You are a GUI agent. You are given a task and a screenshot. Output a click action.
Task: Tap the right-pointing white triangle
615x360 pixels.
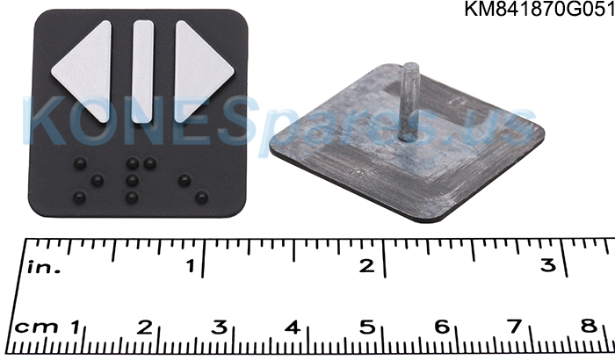[x=200, y=70]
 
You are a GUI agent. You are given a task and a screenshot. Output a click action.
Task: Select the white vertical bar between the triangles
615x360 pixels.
[x=142, y=71]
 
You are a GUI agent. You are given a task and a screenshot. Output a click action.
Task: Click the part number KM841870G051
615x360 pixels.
[x=539, y=9]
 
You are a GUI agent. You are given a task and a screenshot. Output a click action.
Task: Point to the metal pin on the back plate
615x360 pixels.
[x=410, y=101]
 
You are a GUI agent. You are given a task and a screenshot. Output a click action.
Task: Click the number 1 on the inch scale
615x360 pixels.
[x=191, y=266]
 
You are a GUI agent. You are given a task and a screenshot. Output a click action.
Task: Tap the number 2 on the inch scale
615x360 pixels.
[x=366, y=266]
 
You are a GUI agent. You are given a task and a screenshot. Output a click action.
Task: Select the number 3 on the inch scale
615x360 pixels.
[x=548, y=265]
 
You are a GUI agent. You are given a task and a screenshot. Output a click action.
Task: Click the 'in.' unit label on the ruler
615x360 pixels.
[x=44, y=267]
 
